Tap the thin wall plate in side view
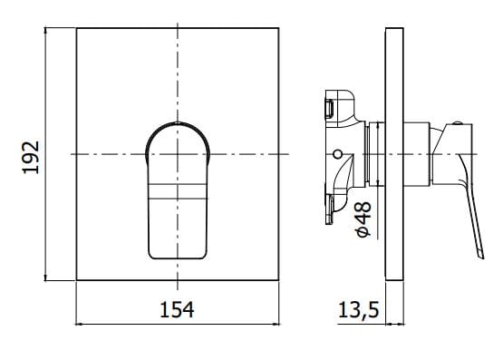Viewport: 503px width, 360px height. tap(393, 155)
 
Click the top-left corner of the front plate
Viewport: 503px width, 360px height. tap(77, 28)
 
